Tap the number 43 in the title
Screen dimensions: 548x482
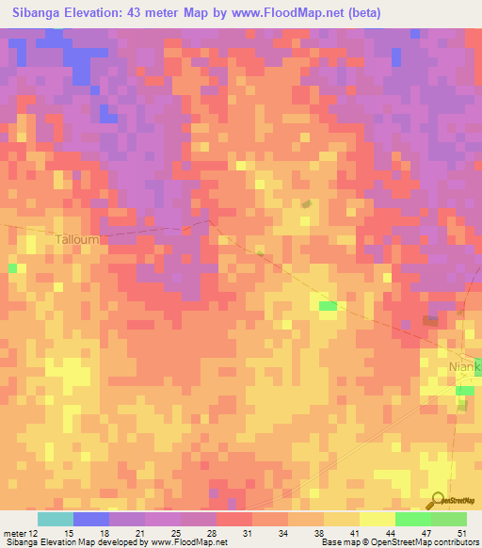point(156,12)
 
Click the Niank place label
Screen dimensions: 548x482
point(464,366)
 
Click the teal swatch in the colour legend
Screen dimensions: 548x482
point(55,519)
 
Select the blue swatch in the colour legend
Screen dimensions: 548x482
point(90,519)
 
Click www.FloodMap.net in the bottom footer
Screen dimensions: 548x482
point(189,542)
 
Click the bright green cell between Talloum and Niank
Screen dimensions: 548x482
point(328,305)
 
